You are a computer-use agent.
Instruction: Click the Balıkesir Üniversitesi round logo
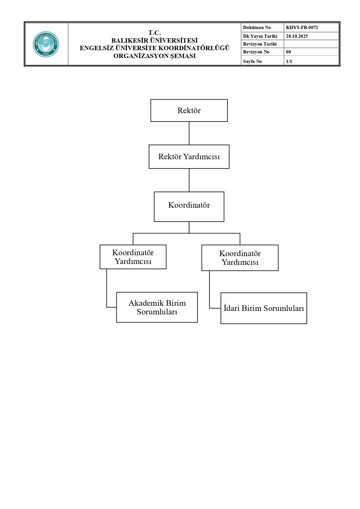pyautogui.click(x=46, y=44)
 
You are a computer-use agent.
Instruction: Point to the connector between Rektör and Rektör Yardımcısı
pyautogui.click(x=189, y=133)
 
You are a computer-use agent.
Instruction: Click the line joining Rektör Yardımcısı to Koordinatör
pyautogui.click(x=189, y=180)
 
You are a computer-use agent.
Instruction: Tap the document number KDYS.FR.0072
pyautogui.click(x=302, y=28)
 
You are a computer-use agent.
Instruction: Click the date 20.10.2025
pyautogui.click(x=297, y=36)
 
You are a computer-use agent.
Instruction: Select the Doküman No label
pyautogui.click(x=257, y=28)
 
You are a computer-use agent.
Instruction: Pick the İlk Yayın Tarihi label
pyautogui.click(x=260, y=36)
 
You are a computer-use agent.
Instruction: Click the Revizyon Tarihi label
pyautogui.click(x=260, y=44)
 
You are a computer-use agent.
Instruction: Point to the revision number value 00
pyautogui.click(x=288, y=52)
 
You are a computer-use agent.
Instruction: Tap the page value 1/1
pyautogui.click(x=289, y=61)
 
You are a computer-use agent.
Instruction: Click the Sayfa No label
pyautogui.click(x=252, y=61)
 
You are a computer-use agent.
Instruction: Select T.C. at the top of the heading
pyautogui.click(x=155, y=33)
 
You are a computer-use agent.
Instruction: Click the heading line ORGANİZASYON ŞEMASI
pyautogui.click(x=155, y=56)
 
